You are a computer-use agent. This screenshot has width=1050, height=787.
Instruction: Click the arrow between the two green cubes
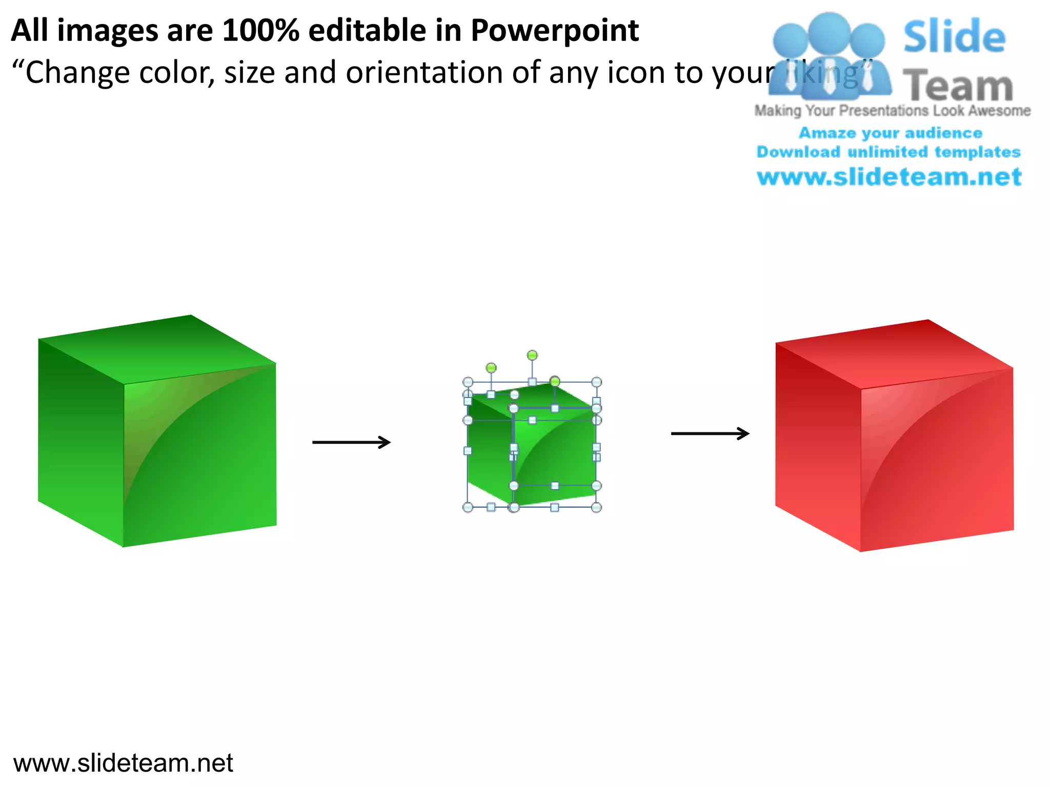pyautogui.click(x=352, y=442)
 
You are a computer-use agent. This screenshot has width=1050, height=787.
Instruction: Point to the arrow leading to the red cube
pyautogui.click(x=710, y=434)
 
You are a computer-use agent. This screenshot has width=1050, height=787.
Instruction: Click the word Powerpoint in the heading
pyautogui.click(x=555, y=31)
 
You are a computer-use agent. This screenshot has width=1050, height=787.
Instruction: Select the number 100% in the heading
pyautogui.click(x=260, y=31)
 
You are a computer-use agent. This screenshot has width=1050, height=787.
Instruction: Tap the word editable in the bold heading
pyautogui.click(x=367, y=31)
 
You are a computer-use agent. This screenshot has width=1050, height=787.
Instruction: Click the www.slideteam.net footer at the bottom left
pyautogui.click(x=123, y=763)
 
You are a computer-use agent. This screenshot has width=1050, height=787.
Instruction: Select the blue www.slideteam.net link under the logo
pyautogui.click(x=889, y=177)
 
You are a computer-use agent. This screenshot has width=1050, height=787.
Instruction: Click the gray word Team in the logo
pyautogui.click(x=958, y=86)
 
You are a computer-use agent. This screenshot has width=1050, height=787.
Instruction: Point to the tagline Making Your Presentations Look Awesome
pyautogui.click(x=892, y=111)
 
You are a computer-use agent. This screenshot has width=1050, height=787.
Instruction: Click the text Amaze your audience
pyautogui.click(x=891, y=133)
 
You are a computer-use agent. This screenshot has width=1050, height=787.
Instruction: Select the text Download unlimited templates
pyautogui.click(x=889, y=152)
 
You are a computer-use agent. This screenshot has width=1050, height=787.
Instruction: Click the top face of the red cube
pyautogui.click(x=895, y=354)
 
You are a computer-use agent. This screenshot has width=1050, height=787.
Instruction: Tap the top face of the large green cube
pyautogui.click(x=156, y=348)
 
